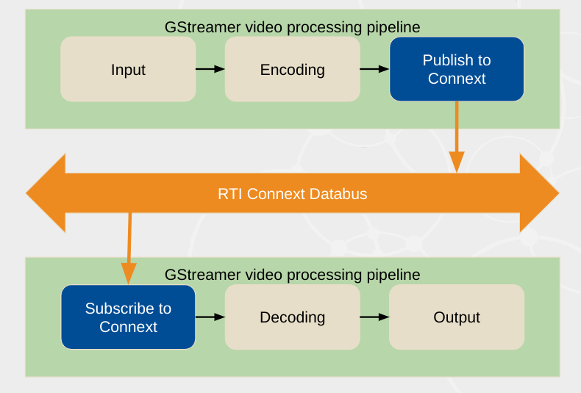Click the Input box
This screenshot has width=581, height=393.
(128, 69)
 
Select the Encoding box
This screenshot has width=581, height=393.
(292, 69)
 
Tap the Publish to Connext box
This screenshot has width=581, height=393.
(457, 69)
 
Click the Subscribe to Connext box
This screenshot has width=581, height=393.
(128, 317)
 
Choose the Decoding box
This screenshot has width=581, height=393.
(292, 317)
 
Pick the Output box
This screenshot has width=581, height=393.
(457, 317)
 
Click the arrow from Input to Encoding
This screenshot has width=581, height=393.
(210, 69)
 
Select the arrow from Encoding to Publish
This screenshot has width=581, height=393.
(374, 69)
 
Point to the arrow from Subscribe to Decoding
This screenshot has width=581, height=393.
(210, 317)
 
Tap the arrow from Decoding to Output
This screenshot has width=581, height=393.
(374, 317)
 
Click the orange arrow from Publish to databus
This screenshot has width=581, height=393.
(457, 136)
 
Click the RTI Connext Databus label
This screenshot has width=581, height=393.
(292, 194)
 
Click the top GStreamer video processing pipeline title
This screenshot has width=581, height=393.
(292, 27)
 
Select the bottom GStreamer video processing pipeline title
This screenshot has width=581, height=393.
(292, 275)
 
